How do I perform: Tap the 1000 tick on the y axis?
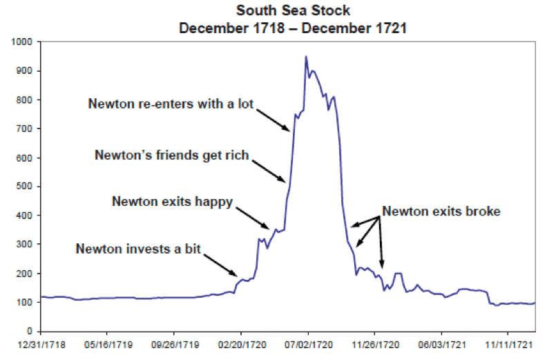(25, 42)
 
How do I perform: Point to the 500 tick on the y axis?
(27, 187)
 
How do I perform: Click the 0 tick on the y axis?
(32, 332)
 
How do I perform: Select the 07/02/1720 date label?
(308, 343)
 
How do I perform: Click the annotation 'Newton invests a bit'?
(138, 248)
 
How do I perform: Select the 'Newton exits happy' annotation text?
(173, 202)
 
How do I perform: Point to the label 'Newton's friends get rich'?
(171, 155)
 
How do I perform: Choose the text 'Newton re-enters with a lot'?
(171, 104)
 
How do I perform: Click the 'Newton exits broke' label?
(441, 211)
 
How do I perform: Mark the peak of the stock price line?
(306, 57)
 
